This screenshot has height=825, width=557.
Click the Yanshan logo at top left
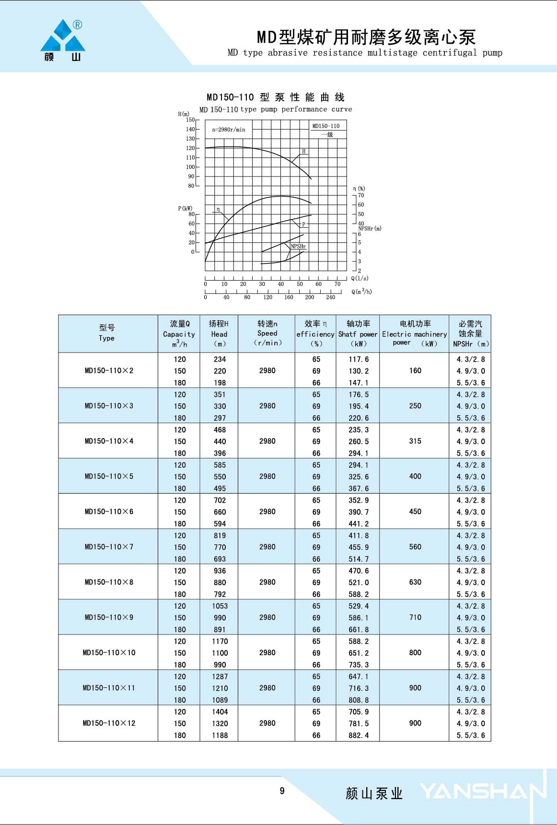[63, 41]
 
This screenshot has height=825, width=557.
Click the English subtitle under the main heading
[365, 53]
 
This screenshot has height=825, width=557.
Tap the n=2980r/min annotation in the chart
[228, 130]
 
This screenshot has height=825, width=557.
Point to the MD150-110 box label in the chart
[325, 126]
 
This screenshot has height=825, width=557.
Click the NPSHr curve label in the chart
[298, 247]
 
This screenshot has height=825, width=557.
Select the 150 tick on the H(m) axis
[191, 120]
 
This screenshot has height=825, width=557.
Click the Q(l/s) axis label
[360, 278]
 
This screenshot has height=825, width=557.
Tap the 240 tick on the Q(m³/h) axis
[330, 297]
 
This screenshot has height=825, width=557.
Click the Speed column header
[267, 333]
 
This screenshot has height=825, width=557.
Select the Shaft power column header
[358, 333]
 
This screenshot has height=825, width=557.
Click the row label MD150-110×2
[109, 371]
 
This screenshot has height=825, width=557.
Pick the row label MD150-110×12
[109, 723]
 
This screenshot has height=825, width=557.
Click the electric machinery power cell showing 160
[415, 371]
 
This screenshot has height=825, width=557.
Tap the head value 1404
[220, 712]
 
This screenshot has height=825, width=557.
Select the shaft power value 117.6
[359, 359]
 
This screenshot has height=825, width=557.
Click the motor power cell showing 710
[415, 617]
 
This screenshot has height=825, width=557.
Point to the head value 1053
[220, 606]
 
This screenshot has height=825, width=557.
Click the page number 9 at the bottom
[282, 791]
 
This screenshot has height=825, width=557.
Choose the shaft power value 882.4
[359, 735]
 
